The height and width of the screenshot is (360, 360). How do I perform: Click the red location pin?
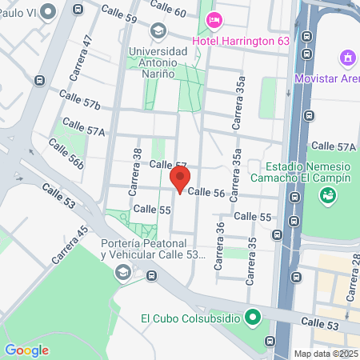pos(181,178)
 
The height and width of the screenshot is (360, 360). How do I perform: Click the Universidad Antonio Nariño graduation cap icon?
pos(158,31)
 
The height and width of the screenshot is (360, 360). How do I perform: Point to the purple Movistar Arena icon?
pos(347,58)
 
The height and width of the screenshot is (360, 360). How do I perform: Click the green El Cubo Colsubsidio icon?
pos(253,318)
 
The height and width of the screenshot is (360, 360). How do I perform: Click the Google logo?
pos(26,350)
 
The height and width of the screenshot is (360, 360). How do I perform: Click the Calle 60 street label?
pos(168,11)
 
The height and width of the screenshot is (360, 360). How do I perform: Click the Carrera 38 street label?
pos(137,164)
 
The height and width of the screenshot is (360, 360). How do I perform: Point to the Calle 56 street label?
pos(206,192)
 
